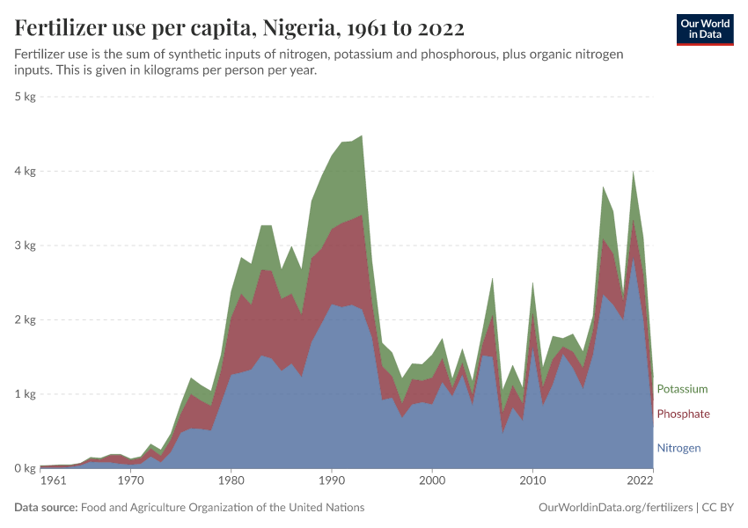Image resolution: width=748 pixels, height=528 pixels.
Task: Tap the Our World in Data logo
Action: pos(704,29)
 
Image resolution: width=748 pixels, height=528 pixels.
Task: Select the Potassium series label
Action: pos(682,389)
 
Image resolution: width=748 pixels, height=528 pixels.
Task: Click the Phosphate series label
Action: pos(683,414)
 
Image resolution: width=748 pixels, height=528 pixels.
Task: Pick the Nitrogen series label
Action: pos(678,448)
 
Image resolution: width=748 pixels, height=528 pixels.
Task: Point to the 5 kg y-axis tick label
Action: pos(25,97)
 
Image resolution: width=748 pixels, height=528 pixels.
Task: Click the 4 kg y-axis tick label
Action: pos(25,172)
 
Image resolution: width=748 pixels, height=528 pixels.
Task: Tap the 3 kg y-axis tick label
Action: pos(25,246)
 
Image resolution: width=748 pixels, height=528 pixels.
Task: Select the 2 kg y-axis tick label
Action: pos(25,320)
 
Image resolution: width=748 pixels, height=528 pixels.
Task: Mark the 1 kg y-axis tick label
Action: pos(25,394)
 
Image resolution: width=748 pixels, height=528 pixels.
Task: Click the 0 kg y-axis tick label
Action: pos(25,468)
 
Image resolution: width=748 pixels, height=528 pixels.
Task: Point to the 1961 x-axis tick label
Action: pos(53,481)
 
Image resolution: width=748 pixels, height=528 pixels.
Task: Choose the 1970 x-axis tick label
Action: pos(131,481)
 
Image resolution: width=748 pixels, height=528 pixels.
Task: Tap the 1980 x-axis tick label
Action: pos(231,481)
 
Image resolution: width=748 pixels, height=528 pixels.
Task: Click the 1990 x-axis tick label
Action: pos(332,481)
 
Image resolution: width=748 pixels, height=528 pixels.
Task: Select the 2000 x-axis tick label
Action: pos(432,481)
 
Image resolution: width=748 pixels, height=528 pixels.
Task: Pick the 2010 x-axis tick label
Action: pos(532,481)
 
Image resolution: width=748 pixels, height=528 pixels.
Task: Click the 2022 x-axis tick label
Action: pos(640,481)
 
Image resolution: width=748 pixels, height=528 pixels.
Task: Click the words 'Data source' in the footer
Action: pos(46,508)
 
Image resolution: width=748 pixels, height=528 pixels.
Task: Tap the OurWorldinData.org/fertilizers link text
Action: pos(614,508)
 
